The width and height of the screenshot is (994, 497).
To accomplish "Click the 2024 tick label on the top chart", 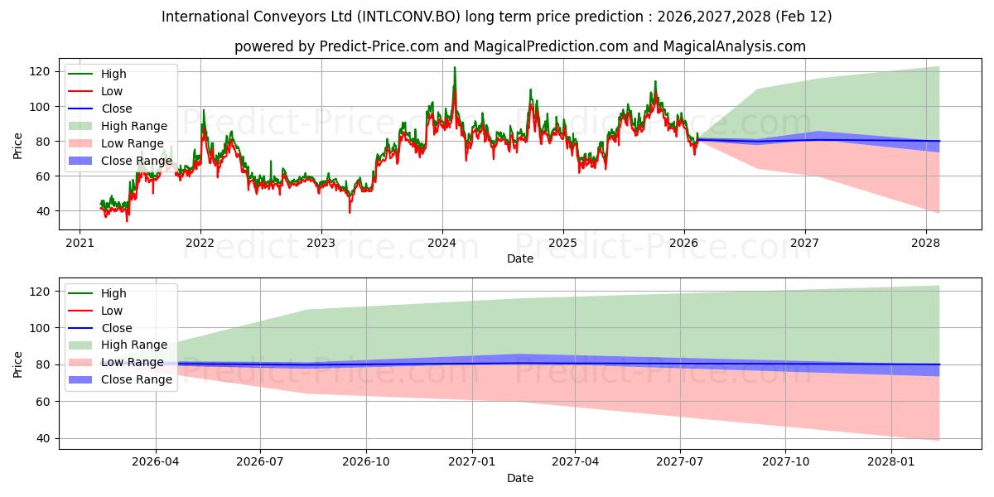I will click(x=442, y=243).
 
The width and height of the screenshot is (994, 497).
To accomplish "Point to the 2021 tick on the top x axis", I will click(x=80, y=243).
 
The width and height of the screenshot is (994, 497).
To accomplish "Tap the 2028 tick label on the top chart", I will click(x=925, y=243).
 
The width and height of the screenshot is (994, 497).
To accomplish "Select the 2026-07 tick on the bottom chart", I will click(x=260, y=461).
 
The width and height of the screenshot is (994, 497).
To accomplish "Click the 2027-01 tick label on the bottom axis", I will click(x=472, y=461).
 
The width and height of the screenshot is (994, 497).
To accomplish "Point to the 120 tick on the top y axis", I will click(x=43, y=71).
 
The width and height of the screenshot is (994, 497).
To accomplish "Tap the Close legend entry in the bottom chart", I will click(x=116, y=328).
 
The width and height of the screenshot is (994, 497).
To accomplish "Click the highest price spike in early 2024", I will click(x=454, y=67).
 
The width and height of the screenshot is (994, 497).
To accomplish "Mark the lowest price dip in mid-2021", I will click(x=127, y=221).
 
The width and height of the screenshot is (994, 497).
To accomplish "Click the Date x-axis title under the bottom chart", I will click(x=519, y=478).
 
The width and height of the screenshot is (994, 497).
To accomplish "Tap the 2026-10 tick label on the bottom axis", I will click(x=366, y=461).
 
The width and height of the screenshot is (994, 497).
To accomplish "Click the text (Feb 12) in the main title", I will click(x=804, y=17).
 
